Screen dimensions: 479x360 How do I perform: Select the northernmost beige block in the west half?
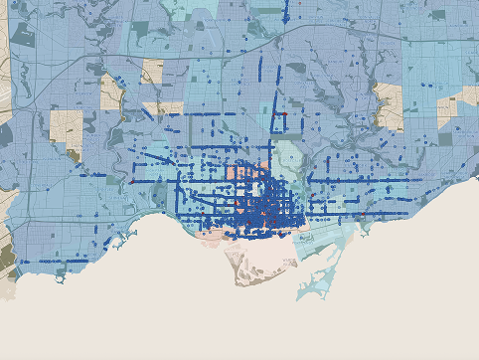pos(152,71)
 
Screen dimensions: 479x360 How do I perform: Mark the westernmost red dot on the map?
pos(131,181)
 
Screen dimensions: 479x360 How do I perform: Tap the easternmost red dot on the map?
pos(364,213)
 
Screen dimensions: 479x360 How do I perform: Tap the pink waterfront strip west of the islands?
pos(214,235)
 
